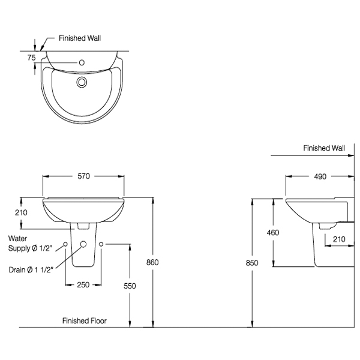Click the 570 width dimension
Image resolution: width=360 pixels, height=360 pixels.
pos(83,176)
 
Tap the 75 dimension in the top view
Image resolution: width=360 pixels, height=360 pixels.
pos(32,58)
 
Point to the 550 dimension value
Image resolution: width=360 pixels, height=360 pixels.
pos(130,286)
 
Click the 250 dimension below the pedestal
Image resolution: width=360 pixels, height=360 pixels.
pos(83,284)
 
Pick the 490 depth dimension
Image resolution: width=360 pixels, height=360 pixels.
pos(320,176)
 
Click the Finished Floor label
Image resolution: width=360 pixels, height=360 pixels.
pos(85,321)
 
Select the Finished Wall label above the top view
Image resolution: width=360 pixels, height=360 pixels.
pos(80,37)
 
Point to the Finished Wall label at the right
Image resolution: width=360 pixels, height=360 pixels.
pos(324,148)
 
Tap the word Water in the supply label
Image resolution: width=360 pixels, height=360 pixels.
pos(18,238)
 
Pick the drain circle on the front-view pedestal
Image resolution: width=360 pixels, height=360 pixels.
pos(83,244)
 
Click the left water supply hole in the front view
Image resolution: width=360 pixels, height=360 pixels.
pos(66,244)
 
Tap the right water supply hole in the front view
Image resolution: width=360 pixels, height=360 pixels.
pos(101,244)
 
